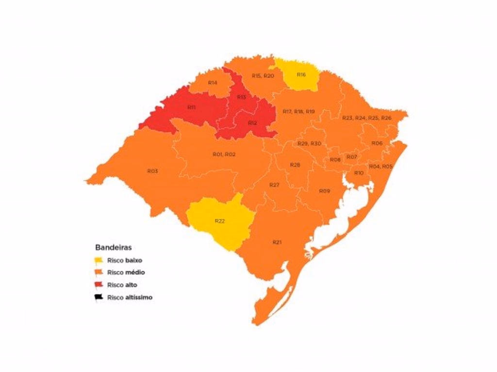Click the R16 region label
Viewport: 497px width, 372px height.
click(x=301, y=75)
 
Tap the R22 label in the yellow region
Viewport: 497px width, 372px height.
click(x=219, y=221)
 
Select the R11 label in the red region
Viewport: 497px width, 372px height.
click(x=191, y=107)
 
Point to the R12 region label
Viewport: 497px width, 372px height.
click(x=252, y=123)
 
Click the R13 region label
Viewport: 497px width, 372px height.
click(x=241, y=97)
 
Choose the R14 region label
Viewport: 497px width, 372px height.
click(x=212, y=83)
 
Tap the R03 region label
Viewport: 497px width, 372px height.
click(x=152, y=171)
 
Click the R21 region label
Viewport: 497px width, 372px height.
click(x=277, y=242)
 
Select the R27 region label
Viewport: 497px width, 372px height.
click(x=274, y=185)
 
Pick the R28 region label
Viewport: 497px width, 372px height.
click(x=295, y=165)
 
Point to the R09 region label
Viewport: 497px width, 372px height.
click(x=324, y=191)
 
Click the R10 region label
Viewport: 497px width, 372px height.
click(x=359, y=173)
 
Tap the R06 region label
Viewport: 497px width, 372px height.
click(x=377, y=143)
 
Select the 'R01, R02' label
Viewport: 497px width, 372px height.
click(x=224, y=154)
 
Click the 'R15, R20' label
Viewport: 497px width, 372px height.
click(x=263, y=76)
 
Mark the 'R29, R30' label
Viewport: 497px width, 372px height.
click(x=309, y=144)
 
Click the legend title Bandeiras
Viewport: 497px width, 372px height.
click(x=113, y=247)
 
